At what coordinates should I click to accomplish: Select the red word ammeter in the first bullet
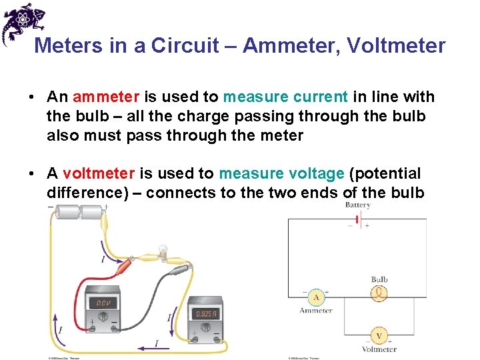click(99, 97)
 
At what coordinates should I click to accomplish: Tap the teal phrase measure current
click(285, 97)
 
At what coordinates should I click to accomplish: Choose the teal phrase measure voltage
click(282, 174)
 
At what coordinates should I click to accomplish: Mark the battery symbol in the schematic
click(360, 220)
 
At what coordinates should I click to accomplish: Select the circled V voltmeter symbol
click(379, 335)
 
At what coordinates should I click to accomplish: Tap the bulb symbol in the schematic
click(379, 292)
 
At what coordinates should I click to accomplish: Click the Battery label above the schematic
click(357, 205)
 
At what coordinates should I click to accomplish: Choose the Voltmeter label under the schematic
click(379, 349)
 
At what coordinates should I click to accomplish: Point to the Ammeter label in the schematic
click(316, 310)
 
